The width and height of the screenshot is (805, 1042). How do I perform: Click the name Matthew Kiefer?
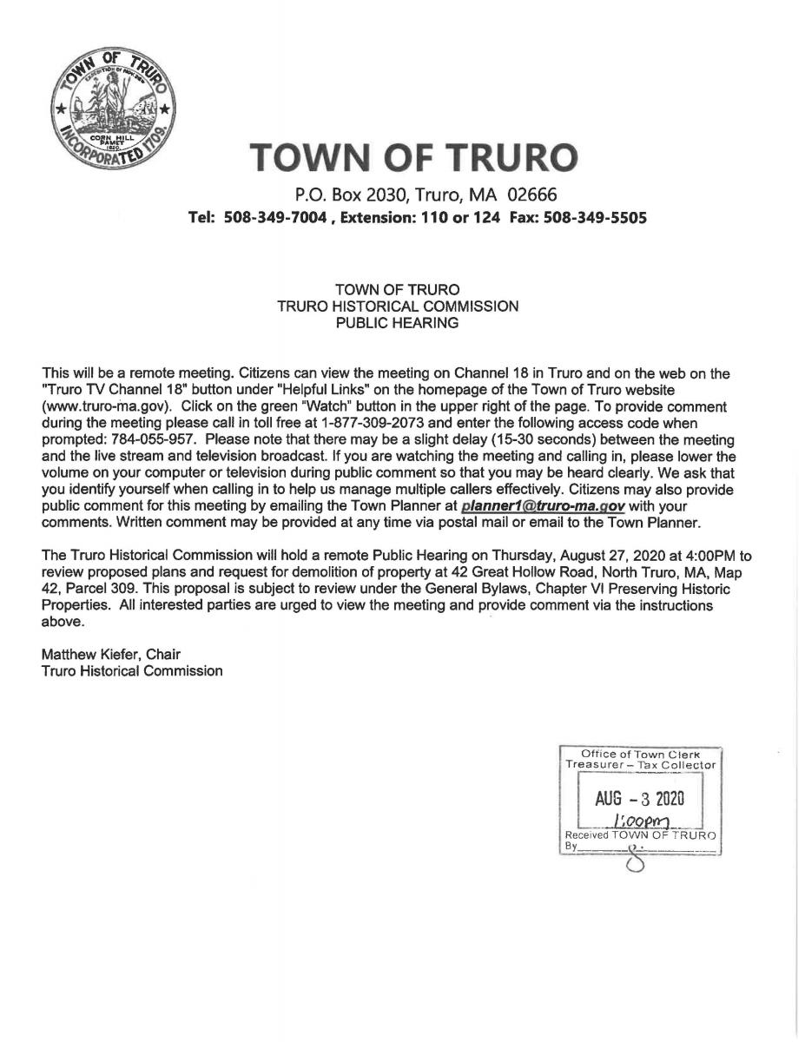click(90, 654)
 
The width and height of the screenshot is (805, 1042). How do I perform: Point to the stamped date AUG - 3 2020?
click(640, 797)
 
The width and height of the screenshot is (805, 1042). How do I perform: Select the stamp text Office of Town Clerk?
click(638, 754)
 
